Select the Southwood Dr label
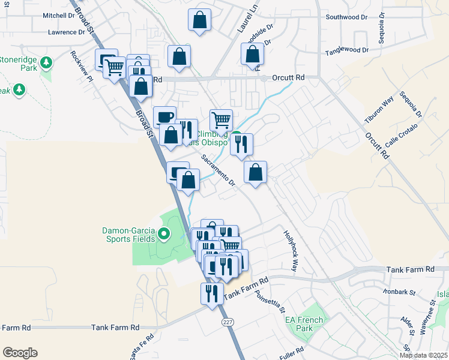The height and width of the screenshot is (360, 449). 346,17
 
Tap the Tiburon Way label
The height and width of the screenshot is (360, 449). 380,108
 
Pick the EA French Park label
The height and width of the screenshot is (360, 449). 299,324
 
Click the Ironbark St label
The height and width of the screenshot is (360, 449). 402,292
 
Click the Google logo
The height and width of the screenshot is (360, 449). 20,353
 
